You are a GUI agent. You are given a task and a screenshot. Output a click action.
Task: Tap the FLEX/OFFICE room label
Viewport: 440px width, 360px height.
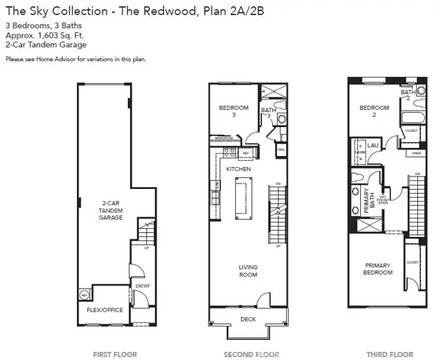point(104,310)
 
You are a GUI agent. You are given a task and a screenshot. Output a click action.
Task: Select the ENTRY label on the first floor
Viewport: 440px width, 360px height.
point(142,286)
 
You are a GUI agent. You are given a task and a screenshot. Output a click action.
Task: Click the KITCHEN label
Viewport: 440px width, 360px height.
point(239,169)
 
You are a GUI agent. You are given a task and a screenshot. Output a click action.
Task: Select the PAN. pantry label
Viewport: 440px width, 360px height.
point(280,148)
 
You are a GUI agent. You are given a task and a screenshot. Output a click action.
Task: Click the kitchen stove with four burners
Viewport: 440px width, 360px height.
point(229,153)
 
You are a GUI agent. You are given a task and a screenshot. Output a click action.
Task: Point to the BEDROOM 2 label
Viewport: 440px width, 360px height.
point(375,112)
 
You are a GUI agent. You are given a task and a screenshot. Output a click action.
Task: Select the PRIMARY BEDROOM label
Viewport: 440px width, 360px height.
point(378,269)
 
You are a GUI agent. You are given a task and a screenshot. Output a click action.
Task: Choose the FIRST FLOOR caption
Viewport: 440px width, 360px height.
point(115,355)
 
